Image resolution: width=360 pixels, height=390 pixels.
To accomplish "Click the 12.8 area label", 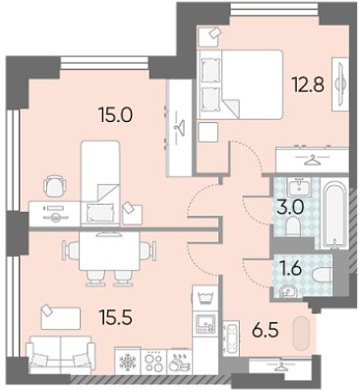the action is (308, 85).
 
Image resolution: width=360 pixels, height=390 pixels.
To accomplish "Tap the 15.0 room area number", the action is (115, 115).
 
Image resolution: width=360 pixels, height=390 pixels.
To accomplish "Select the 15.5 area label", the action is (116, 317).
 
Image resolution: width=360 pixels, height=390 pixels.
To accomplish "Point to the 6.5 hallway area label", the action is (265, 330).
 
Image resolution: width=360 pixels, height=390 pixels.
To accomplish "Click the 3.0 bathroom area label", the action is (291, 208).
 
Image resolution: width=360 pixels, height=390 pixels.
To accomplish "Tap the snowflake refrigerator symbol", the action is (128, 361).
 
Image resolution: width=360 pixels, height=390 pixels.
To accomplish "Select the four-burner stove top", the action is (153, 361).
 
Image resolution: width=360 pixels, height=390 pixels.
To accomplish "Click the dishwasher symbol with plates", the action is (179, 361).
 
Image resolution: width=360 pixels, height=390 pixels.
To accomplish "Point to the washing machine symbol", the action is (206, 297).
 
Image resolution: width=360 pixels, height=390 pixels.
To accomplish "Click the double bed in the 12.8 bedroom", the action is (241, 85).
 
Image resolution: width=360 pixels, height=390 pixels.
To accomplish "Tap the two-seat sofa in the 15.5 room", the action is (61, 355).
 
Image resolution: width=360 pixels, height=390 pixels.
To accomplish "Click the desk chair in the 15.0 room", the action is (54, 186).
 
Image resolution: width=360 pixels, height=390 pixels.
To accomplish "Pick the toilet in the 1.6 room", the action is (323, 276).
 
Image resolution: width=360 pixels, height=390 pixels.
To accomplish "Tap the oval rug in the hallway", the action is (302, 334).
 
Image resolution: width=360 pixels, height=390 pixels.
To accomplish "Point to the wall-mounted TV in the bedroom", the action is (340, 85).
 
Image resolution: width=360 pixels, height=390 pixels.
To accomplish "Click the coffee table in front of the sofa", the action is (61, 318).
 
